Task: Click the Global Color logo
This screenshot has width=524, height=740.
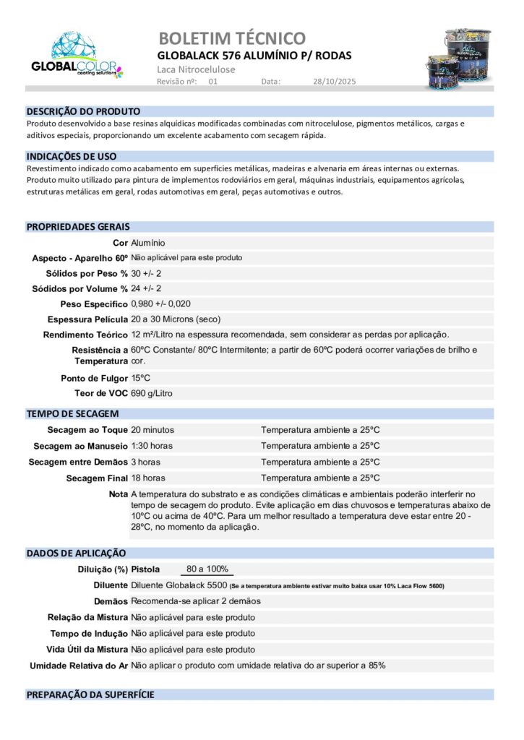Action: point(77,56)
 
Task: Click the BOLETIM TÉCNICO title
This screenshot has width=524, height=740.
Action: point(231,38)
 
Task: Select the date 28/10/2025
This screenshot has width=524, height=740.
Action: point(335,82)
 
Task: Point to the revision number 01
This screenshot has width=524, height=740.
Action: point(212,82)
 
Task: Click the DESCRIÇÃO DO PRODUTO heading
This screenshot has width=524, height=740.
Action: point(83,111)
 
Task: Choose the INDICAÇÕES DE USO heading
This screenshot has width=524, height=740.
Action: point(72,156)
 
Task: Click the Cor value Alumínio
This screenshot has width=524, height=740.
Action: point(148,244)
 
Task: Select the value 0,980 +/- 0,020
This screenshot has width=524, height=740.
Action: point(161,304)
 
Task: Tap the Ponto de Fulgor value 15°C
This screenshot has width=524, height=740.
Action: point(141,378)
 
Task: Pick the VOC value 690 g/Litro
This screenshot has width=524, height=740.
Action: point(152,393)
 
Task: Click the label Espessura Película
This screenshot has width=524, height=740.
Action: point(87,319)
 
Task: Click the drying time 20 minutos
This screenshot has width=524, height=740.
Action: point(153,430)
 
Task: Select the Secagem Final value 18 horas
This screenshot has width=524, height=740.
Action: point(148,478)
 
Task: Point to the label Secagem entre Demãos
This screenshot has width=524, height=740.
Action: point(78,462)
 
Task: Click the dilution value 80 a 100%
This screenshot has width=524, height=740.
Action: point(207,569)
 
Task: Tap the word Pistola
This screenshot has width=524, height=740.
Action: point(145,569)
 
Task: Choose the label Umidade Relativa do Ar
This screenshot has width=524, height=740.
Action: point(78,665)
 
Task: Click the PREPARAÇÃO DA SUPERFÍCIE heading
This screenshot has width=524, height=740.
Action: point(90,694)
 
